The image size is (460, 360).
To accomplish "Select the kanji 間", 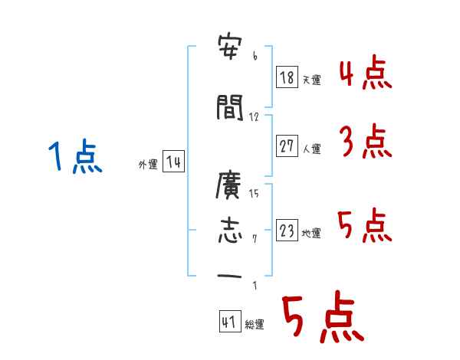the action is [x=231, y=109].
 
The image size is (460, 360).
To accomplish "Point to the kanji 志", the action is [x=231, y=231].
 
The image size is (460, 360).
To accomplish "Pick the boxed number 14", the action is [x=173, y=162].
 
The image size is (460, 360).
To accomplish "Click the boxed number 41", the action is [x=229, y=322].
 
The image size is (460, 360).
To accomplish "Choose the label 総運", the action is [x=254, y=325].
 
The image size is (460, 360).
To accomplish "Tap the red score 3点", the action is [x=366, y=141].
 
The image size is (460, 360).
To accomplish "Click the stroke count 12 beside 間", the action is [x=255, y=117].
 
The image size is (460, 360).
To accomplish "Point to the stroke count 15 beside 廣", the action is [x=255, y=194].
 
